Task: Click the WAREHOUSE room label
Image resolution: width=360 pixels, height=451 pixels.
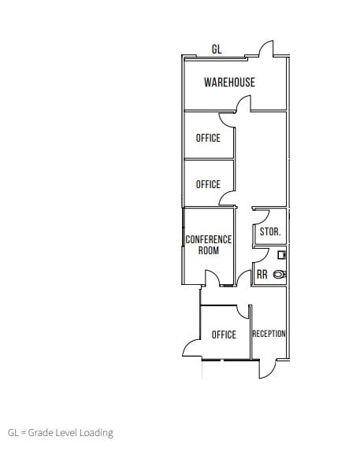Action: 229,82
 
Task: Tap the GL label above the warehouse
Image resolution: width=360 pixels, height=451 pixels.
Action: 217,50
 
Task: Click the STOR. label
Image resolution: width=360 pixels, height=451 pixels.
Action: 270,232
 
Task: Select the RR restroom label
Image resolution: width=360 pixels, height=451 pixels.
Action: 262,275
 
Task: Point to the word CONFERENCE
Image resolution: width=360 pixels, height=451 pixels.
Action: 209,239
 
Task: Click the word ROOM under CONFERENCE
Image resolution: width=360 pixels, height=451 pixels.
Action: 209,250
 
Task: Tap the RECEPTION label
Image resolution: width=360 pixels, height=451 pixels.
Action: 269,334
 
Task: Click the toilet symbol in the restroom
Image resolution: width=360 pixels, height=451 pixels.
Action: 280,274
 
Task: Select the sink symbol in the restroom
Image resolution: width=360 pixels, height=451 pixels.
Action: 282,255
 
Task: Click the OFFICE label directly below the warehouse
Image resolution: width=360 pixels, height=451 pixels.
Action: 208,138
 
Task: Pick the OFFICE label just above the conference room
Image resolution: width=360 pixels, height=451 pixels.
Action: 208,184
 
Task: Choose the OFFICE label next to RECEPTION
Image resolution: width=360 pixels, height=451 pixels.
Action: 224,335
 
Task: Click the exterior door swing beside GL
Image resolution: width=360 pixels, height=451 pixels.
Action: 266,49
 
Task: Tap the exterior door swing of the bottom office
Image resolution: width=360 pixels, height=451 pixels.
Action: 192,347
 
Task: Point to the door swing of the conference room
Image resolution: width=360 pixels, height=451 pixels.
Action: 211,278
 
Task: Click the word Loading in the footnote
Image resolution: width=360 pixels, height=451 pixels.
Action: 97,432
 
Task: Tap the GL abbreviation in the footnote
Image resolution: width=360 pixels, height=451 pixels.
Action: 13,432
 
